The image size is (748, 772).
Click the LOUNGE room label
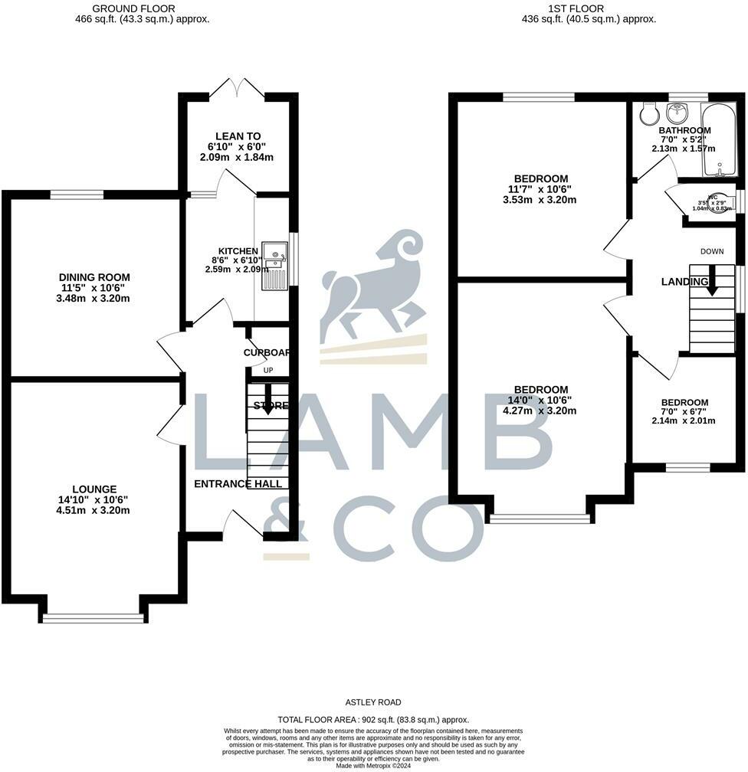point(94,489)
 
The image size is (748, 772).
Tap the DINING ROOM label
point(94,277)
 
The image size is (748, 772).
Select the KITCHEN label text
point(238,251)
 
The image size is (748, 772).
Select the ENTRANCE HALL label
point(238,483)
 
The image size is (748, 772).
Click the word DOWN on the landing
point(712,251)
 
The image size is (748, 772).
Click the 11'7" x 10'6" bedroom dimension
point(541,189)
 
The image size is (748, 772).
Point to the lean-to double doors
point(238,87)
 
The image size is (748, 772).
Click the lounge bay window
point(93,617)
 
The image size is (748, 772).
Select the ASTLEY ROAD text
point(372,702)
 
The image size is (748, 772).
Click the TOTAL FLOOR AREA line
point(372,719)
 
